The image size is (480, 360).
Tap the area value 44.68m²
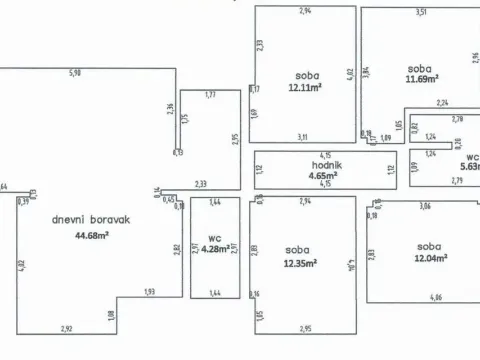[91, 235]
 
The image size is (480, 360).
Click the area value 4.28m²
[215, 248]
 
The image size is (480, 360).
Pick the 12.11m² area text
[305, 87]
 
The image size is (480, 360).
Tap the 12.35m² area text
[300, 263]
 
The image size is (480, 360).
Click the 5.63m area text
[470, 167]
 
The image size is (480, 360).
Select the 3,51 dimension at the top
[421, 11]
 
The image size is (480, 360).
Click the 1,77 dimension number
[210, 94]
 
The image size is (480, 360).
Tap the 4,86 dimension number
[434, 298]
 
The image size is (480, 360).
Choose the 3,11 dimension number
[302, 136]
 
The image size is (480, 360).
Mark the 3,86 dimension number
[424, 205]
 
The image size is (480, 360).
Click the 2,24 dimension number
[443, 102]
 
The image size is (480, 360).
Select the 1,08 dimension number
[110, 317]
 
